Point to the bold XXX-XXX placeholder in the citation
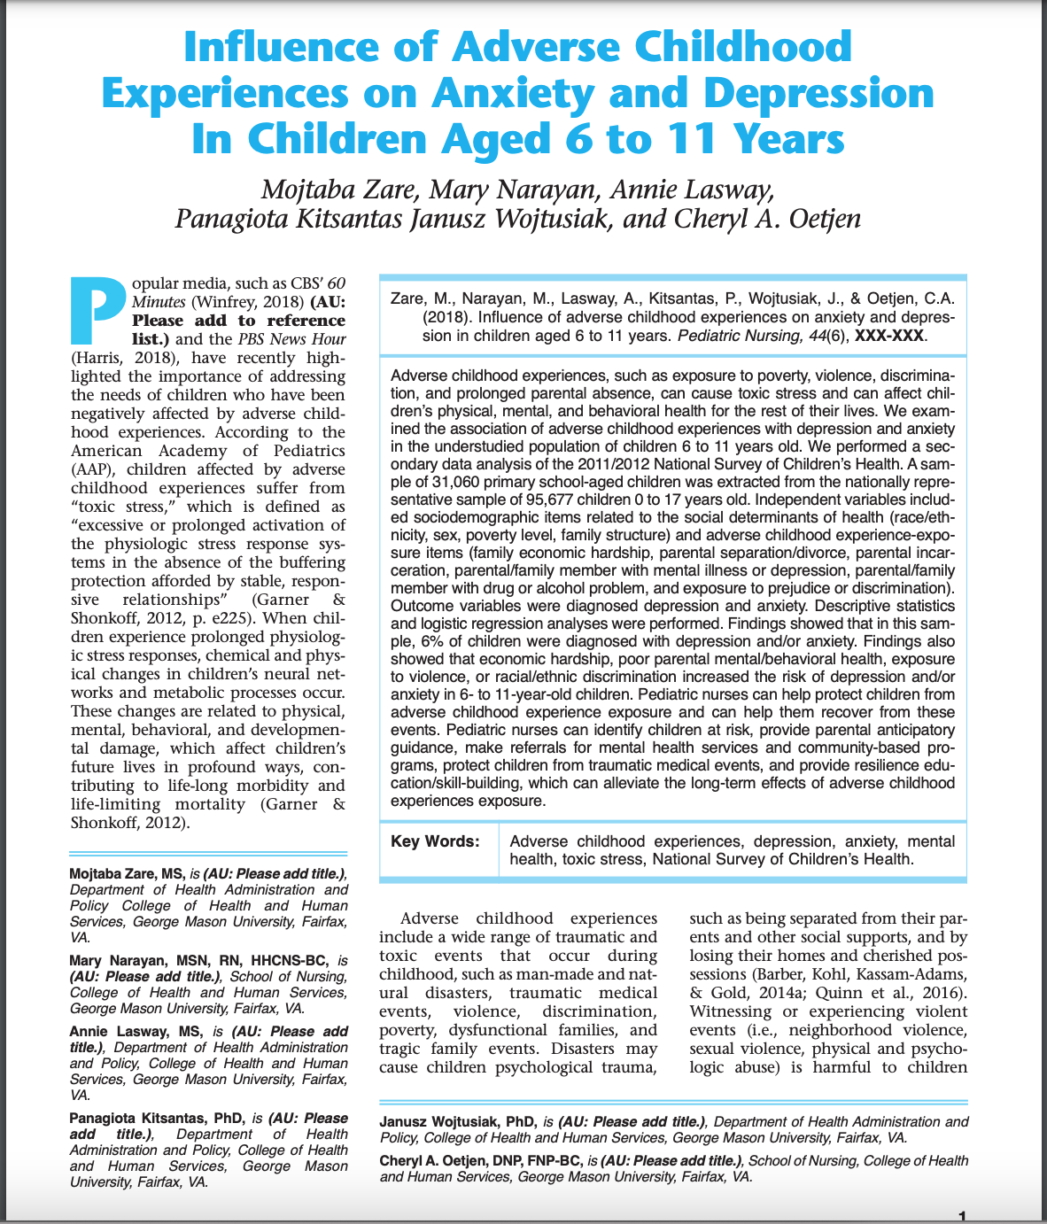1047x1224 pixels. [x=889, y=337]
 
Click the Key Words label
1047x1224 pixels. [x=434, y=841]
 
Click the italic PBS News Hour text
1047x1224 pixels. [x=292, y=339]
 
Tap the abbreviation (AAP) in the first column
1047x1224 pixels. [x=92, y=469]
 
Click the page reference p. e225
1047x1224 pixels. [x=207, y=618]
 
